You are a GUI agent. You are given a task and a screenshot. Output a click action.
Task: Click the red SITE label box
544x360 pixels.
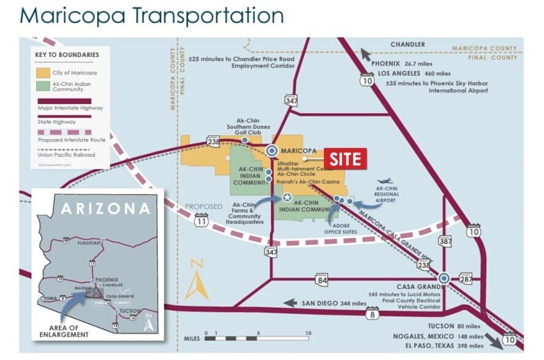345,159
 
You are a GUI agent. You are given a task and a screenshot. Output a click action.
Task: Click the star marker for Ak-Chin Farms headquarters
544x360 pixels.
287,198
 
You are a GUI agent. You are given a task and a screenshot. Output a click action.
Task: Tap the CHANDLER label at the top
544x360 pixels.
407,45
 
